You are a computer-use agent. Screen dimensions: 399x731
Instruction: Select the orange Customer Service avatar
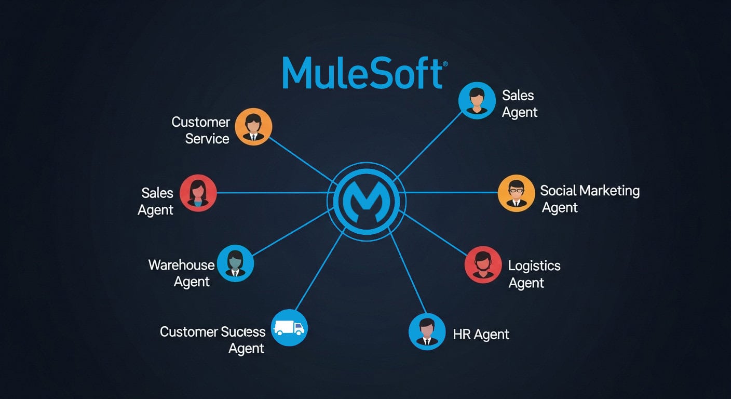pyautogui.click(x=253, y=127)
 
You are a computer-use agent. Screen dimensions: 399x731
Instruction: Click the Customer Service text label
pyautogui.click(x=201, y=130)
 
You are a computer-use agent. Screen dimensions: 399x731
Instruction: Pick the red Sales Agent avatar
pyautogui.click(x=198, y=193)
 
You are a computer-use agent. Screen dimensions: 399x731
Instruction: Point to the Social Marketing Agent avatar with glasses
pyautogui.click(x=516, y=193)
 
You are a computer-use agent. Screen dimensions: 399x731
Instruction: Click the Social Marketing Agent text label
pyautogui.click(x=589, y=199)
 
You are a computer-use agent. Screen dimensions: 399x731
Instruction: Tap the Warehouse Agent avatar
pyautogui.click(x=235, y=264)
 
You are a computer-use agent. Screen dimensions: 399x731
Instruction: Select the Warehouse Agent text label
pyautogui.click(x=182, y=273)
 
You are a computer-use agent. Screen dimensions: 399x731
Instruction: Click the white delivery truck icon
pyautogui.click(x=289, y=327)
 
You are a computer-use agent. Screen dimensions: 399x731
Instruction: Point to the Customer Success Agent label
pyautogui.click(x=213, y=340)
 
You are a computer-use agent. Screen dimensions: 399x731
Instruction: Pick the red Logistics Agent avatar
pyautogui.click(x=483, y=265)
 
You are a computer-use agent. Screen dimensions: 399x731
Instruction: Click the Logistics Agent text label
pyautogui.click(x=534, y=274)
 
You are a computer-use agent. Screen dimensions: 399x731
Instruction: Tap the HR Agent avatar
pyautogui.click(x=427, y=331)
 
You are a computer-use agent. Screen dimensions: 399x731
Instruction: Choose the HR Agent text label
pyautogui.click(x=481, y=335)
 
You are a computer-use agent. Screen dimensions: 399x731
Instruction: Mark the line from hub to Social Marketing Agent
pyautogui.click(x=452, y=193)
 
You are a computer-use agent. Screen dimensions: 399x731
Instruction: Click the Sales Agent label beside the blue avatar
pyautogui.click(x=519, y=104)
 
